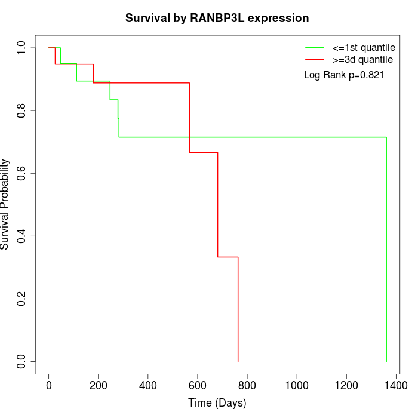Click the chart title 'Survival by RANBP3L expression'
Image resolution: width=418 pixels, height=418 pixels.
(217, 19)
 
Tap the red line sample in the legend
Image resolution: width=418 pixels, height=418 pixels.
(315, 59)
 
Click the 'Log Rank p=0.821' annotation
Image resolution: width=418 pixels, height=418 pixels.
(343, 75)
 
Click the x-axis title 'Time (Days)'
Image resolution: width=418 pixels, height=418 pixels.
(217, 403)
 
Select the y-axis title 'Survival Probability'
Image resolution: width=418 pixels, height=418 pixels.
(5, 204)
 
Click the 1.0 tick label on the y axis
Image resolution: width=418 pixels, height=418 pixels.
(21, 48)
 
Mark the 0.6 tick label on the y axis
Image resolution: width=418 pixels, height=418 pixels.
(21, 173)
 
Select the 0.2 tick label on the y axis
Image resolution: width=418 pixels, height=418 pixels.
(21, 299)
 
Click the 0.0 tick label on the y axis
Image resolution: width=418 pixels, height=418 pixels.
(21, 361)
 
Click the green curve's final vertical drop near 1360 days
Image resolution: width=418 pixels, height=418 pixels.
(386, 251)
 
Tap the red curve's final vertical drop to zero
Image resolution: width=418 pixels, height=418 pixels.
(238, 311)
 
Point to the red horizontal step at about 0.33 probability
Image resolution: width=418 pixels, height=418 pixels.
(228, 257)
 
